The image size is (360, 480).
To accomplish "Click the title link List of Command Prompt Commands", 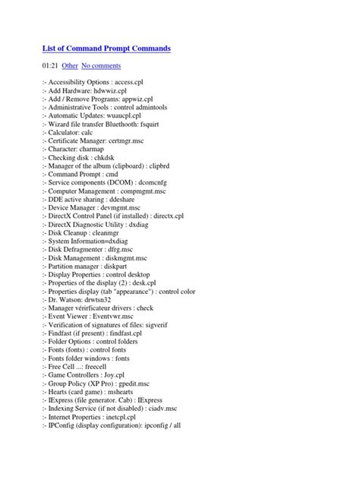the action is coord(106,49).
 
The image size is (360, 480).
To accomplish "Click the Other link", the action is coord(70,67).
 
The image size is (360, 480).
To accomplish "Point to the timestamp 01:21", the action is coord(52,67).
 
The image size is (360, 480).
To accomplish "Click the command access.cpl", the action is coord(156,81).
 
